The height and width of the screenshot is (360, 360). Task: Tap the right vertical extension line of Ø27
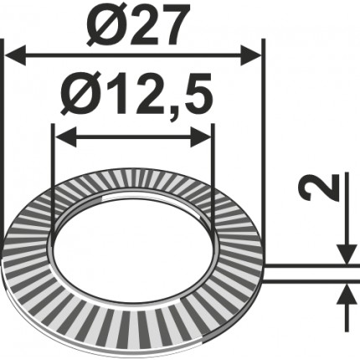pyautogui.click(x=263, y=151)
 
